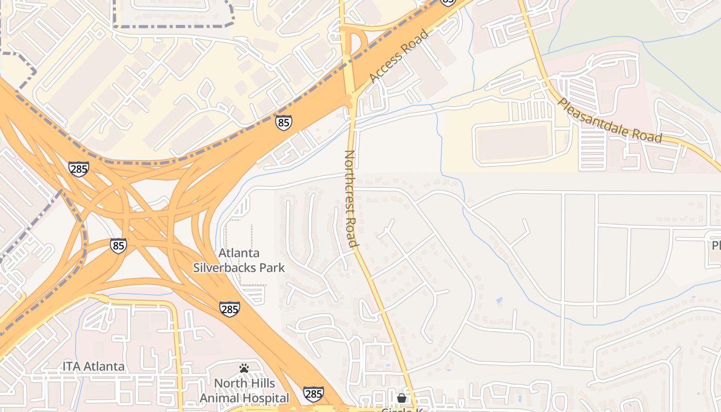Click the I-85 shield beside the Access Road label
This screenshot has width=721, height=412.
point(283,122)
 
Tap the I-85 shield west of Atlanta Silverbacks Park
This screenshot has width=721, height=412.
point(118,245)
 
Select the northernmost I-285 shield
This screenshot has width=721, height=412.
point(78,168)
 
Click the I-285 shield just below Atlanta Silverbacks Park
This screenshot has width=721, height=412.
point(229,308)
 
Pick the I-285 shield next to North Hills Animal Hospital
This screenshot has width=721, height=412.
point(313,394)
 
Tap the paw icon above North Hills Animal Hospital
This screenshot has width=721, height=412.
point(244,368)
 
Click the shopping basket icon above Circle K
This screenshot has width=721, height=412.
point(401,398)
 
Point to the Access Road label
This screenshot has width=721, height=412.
point(398,57)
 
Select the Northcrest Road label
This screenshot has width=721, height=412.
point(351,198)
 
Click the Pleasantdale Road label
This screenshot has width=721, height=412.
point(610,121)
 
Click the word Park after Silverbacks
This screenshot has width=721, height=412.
point(271,268)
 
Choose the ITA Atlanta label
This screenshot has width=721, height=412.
point(93,367)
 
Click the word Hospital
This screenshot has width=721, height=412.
point(266,398)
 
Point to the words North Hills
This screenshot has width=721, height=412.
point(244,384)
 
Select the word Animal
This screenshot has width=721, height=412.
point(220,398)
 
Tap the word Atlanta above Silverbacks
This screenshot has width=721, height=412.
point(239,253)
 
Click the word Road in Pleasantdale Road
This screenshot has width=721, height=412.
point(648,134)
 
